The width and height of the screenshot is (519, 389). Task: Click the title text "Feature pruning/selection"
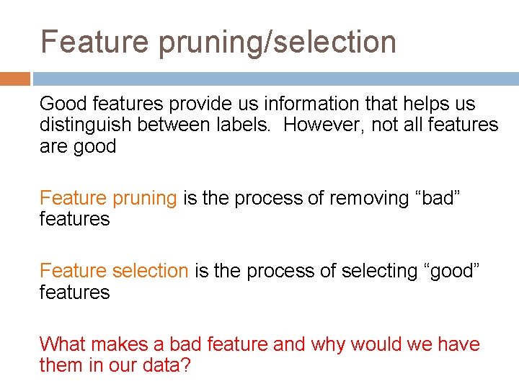point(218,42)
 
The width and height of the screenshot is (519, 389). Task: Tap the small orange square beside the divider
point(14,79)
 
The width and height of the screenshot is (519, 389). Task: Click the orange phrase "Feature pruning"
point(108,198)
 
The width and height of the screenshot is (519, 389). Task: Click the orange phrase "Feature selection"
point(114,271)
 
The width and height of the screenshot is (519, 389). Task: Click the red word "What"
point(63,344)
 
